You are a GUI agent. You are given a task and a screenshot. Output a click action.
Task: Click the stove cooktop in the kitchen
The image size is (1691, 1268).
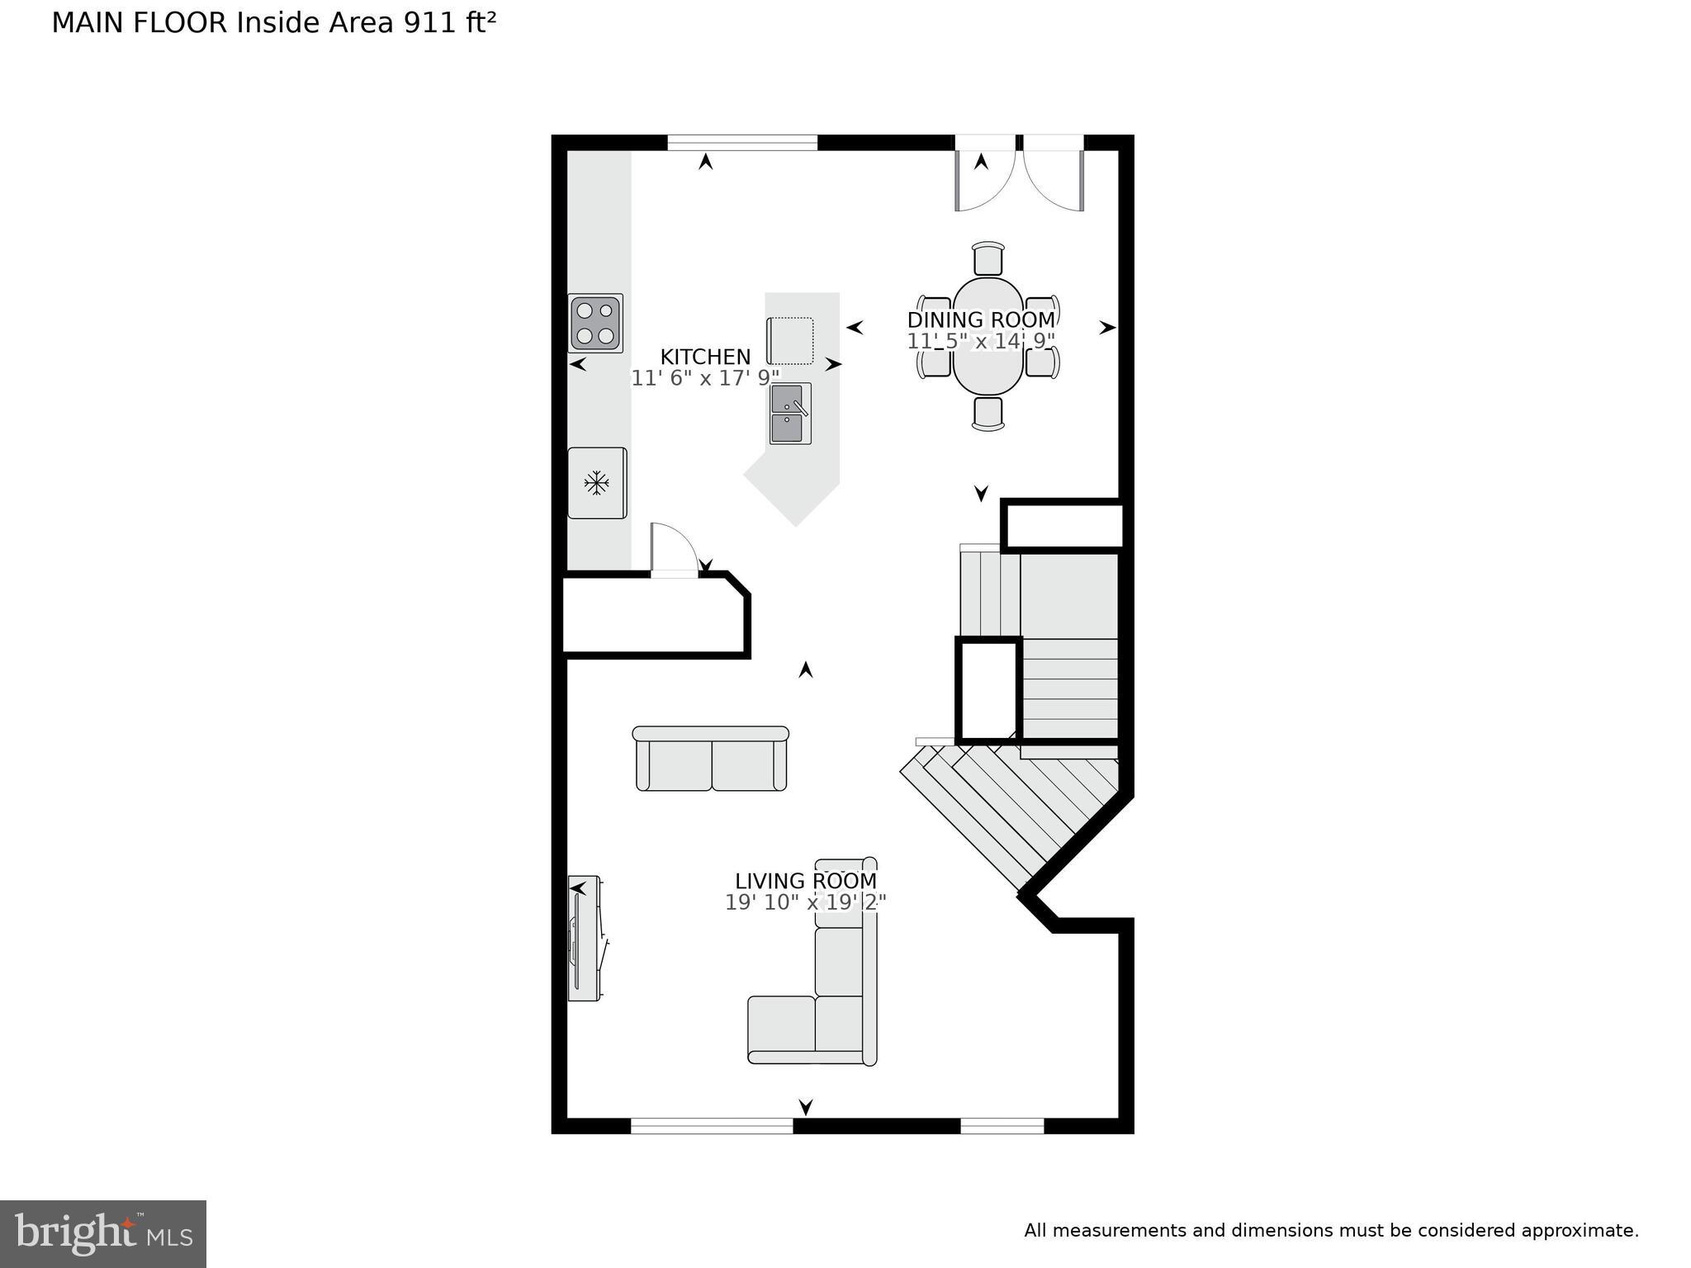(x=595, y=323)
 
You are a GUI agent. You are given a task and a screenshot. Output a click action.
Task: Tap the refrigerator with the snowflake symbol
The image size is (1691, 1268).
(x=597, y=483)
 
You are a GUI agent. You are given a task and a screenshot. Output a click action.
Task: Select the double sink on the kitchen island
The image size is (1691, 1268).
(x=790, y=414)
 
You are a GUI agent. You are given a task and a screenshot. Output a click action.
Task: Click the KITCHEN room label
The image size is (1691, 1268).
(x=705, y=357)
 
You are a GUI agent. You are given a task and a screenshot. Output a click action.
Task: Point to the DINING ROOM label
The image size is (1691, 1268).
(x=981, y=319)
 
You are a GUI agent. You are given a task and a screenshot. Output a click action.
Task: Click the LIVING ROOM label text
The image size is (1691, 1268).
(x=805, y=881)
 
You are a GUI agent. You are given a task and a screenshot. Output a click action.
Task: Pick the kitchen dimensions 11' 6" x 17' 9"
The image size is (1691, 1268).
(x=705, y=378)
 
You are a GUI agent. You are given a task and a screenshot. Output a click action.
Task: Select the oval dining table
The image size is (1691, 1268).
(x=988, y=336)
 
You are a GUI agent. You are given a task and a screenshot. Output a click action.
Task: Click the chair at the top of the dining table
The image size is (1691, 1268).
(x=988, y=258)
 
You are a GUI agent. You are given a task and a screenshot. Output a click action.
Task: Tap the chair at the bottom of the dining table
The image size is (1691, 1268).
(x=988, y=413)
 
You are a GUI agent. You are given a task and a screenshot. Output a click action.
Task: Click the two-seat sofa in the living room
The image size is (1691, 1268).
(x=711, y=759)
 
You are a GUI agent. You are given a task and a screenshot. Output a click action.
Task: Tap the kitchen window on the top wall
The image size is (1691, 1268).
(x=742, y=143)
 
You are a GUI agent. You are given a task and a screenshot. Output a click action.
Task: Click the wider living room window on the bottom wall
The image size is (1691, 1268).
(x=712, y=1124)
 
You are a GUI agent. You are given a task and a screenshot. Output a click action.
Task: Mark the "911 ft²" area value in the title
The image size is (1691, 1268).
(x=449, y=23)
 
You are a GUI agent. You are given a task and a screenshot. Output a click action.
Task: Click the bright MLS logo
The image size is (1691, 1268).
(x=103, y=1233)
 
